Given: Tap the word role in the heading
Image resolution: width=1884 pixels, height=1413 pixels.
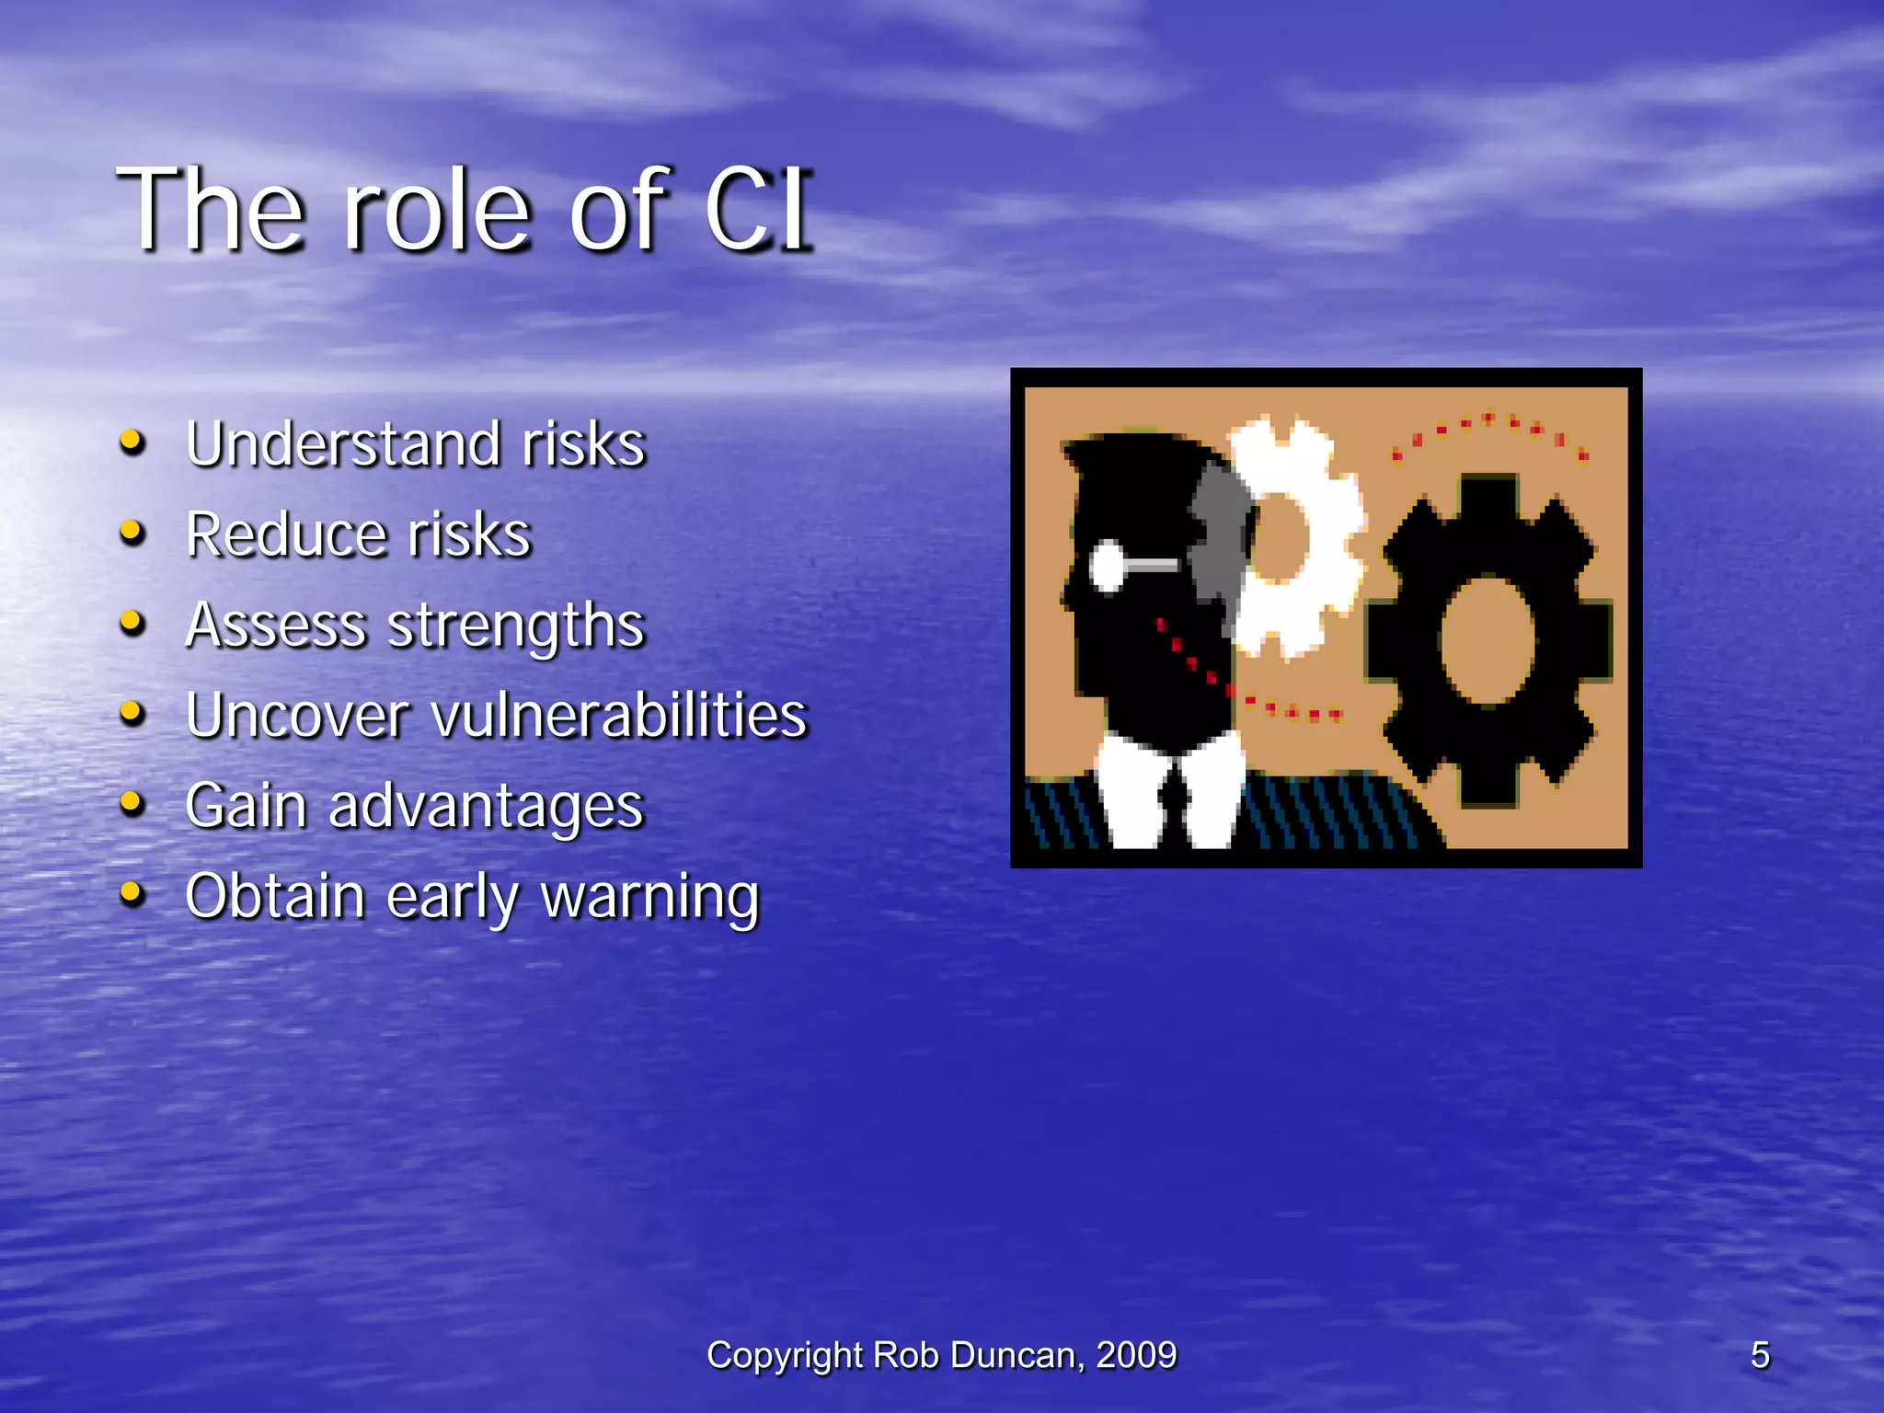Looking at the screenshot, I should [437, 210].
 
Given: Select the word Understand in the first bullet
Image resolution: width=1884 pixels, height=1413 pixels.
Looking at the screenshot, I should [343, 444].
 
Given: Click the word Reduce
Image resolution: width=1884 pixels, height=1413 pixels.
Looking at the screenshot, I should [285, 534].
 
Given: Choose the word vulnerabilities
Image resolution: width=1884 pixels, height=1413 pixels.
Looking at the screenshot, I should [619, 715].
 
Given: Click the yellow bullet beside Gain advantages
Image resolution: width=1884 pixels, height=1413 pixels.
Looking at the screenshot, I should [133, 803].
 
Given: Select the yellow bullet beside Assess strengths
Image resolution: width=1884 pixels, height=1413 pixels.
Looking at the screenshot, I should [133, 623].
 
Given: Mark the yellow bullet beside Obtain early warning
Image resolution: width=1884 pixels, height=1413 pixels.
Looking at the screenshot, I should [133, 893].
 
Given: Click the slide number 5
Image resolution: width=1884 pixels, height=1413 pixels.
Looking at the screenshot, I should [1760, 1355].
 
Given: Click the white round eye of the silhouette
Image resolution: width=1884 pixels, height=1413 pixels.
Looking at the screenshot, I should [1108, 565].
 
